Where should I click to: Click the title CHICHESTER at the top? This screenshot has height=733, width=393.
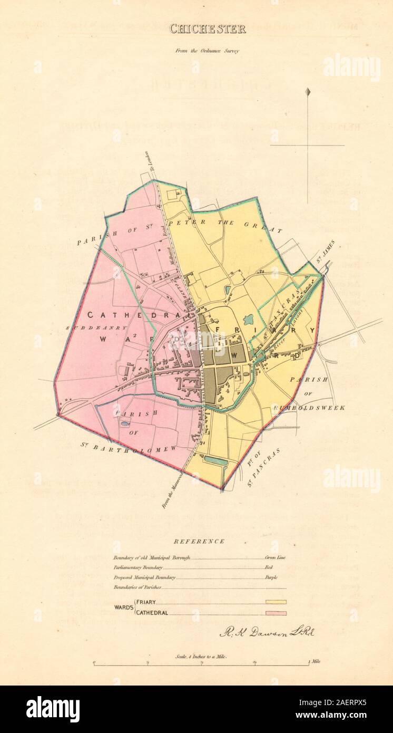[x=207, y=29]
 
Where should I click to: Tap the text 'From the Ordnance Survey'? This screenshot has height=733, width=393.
[x=207, y=51]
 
